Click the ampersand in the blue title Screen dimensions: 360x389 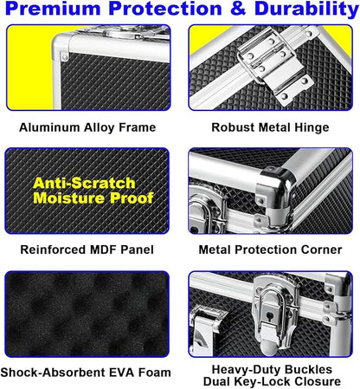(238, 9)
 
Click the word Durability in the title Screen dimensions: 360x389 (306, 10)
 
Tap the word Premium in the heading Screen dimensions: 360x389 (53, 9)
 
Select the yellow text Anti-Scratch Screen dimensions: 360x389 (84, 183)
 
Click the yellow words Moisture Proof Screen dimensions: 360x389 (93, 198)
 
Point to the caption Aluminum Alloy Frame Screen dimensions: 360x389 (87, 127)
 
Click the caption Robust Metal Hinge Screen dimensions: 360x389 (270, 127)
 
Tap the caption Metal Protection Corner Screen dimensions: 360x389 (270, 250)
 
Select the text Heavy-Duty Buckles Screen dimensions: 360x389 (272, 370)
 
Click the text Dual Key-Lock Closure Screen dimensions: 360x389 (272, 381)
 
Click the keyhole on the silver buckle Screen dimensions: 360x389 (270, 315)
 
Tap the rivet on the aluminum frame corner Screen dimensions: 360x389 (65, 56)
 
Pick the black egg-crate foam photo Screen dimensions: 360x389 (87, 314)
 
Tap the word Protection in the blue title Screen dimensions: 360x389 (164, 9)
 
